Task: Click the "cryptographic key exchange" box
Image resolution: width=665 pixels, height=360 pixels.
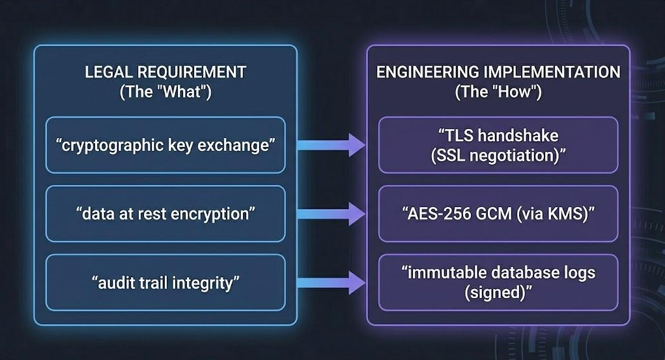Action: [x=165, y=145]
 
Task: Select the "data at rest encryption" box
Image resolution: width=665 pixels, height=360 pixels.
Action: [x=165, y=214]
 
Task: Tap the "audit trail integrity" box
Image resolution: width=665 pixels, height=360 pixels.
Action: [x=165, y=283]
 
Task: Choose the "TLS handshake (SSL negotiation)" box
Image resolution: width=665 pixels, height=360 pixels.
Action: [x=498, y=145]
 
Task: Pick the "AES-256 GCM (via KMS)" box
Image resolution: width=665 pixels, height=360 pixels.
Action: [x=498, y=214]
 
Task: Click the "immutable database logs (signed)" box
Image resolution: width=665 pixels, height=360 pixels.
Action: [x=498, y=283]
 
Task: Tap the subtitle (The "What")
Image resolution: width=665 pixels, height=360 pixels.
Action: [x=165, y=92]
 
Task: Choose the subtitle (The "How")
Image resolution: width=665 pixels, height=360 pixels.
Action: [x=498, y=92]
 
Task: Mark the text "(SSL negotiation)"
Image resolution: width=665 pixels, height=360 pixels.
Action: [x=498, y=155]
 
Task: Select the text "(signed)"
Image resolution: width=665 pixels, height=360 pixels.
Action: [x=498, y=292]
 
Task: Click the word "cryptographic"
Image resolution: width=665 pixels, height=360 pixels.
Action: [x=106, y=145]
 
